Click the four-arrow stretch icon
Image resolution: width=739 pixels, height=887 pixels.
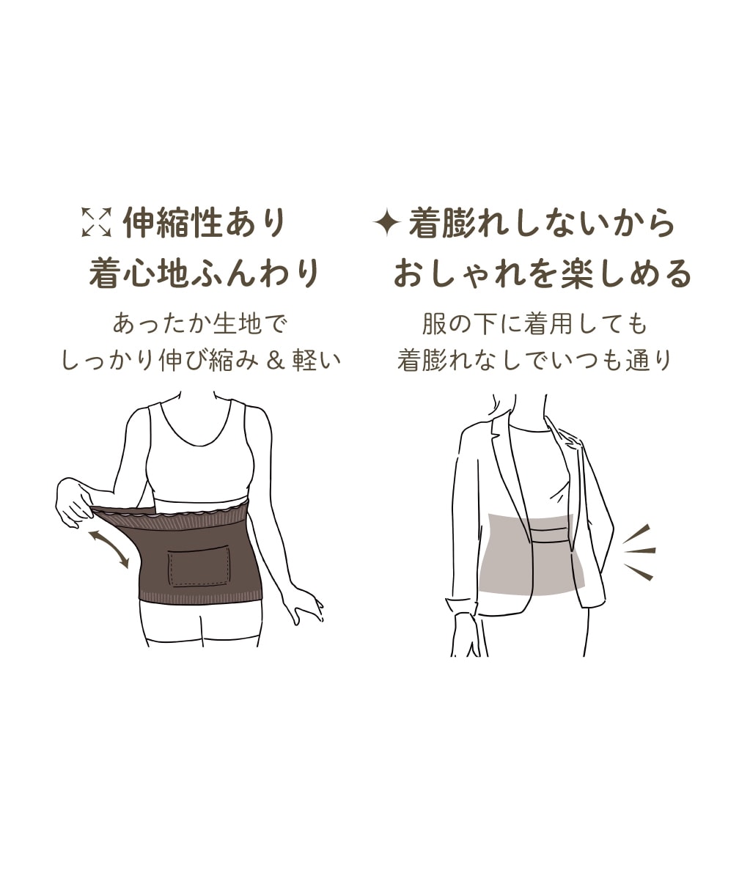point(97,221)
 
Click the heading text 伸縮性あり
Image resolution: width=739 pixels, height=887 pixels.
point(205,222)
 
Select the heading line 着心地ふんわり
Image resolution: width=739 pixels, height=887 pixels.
point(205,272)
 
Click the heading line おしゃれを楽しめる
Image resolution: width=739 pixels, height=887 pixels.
point(543,272)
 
